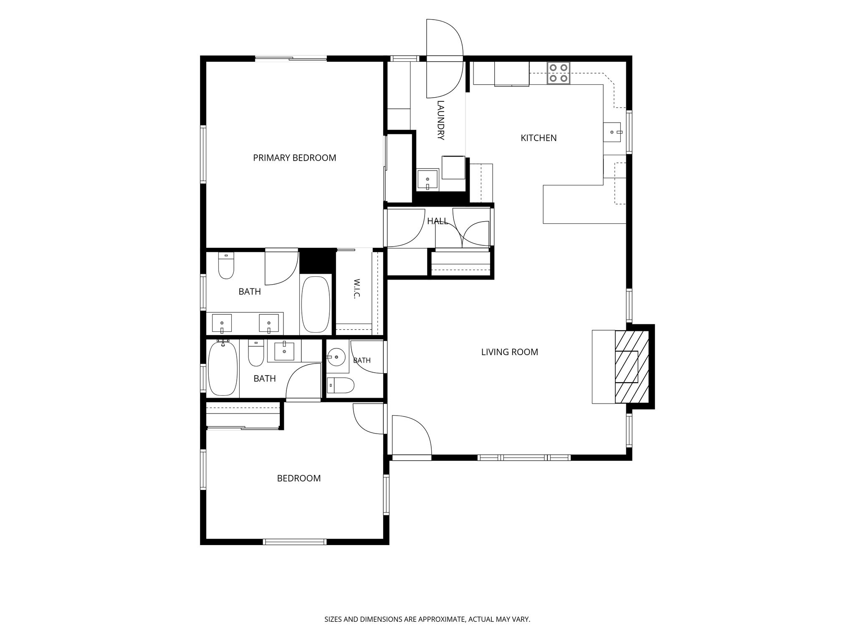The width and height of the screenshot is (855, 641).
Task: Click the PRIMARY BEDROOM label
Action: point(294,158)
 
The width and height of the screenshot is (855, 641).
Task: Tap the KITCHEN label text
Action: point(539,138)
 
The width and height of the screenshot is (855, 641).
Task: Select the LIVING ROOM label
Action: point(509,352)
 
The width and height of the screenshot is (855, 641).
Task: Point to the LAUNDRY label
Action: point(440,120)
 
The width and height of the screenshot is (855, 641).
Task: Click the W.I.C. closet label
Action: point(357,288)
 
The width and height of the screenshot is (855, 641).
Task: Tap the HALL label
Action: point(437,221)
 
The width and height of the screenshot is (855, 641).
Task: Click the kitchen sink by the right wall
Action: point(612,132)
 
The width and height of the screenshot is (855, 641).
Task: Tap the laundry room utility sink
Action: point(427,179)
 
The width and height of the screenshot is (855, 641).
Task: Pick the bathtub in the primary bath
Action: point(316,304)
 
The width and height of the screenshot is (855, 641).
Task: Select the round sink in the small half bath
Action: point(335,357)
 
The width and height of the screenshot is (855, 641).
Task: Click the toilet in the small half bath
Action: point(340,385)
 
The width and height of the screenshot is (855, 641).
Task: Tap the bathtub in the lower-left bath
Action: point(223,368)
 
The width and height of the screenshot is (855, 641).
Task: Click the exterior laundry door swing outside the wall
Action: point(445,37)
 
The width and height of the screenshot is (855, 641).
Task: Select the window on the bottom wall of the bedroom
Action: point(294,542)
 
